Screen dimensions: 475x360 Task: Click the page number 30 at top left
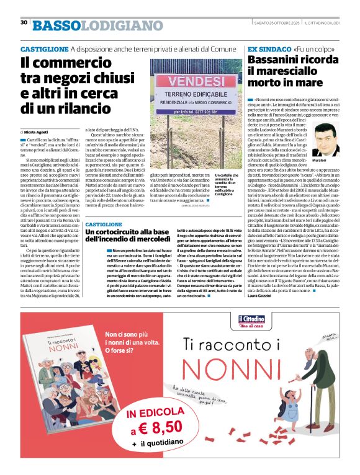point(24,22)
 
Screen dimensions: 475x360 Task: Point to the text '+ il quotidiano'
point(156,444)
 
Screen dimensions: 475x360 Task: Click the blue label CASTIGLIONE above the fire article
point(104,223)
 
